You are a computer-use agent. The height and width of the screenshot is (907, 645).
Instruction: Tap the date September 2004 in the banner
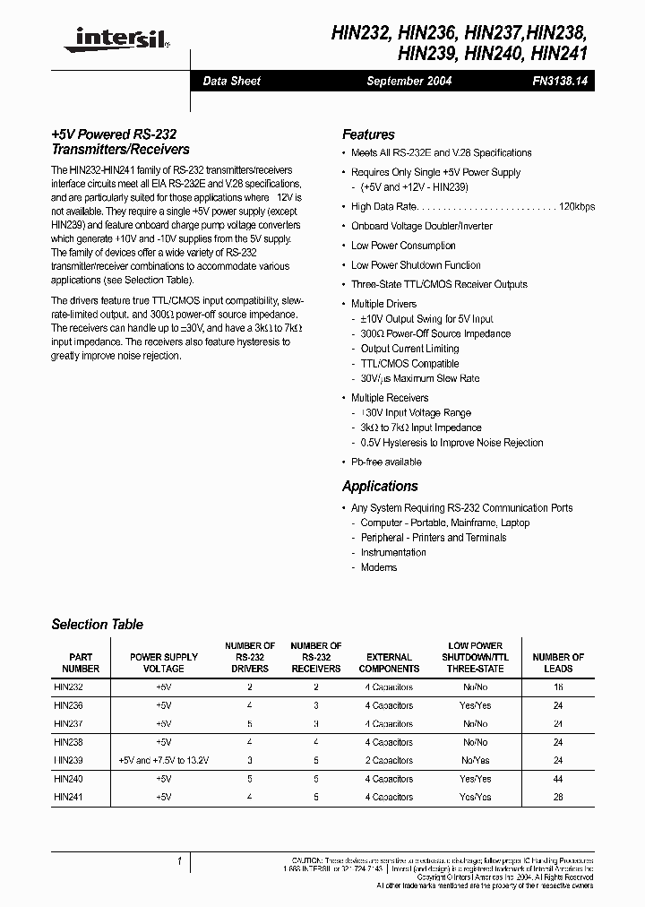[409, 81]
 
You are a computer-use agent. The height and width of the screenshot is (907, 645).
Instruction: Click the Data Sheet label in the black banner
[232, 81]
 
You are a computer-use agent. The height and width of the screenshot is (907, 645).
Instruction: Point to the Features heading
[368, 134]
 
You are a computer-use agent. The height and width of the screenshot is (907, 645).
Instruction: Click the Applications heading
[380, 486]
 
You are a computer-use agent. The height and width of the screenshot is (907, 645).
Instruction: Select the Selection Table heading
[97, 625]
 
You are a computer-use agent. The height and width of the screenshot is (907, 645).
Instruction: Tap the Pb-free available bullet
[386, 462]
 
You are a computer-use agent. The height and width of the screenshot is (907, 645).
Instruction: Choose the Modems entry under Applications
[379, 567]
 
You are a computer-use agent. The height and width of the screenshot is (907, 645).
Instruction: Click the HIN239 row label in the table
[68, 760]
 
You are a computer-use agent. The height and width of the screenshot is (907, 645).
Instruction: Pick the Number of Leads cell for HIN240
[558, 779]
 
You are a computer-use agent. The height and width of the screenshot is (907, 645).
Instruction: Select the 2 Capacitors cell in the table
[389, 760]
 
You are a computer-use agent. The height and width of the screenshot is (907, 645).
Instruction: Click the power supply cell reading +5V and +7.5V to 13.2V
[163, 760]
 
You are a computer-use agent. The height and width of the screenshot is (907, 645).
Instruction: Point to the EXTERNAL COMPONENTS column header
[389, 662]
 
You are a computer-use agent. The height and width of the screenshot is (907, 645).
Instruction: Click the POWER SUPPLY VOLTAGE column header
[163, 662]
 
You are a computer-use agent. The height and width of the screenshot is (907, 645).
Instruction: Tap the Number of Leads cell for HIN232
[558, 687]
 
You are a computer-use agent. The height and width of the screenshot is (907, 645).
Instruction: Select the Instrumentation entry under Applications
[393, 553]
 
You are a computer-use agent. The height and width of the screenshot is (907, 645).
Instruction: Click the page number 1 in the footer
[180, 861]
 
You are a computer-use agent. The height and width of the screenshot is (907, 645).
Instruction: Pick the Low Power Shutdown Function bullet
[416, 265]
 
